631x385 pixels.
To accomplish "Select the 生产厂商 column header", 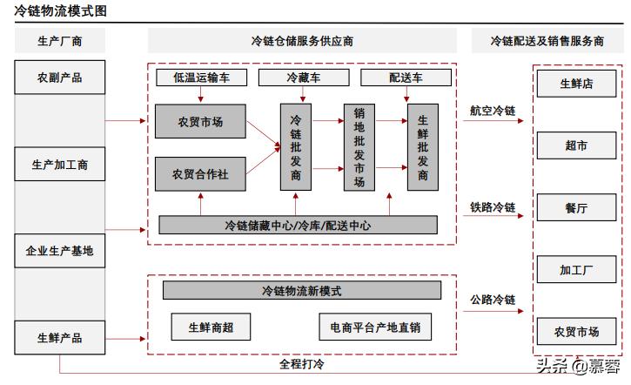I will [59, 41].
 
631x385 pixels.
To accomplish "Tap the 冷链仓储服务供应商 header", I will [302, 41].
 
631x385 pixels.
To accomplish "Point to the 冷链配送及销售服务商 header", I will [547, 41].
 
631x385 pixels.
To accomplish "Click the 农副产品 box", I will [59, 77].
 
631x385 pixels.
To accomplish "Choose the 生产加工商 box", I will [59, 164].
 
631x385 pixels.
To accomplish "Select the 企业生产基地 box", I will [59, 251].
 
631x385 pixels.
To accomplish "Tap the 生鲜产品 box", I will [59, 337].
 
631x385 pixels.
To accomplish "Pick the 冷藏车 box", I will [303, 78].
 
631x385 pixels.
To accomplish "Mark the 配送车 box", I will [406, 78].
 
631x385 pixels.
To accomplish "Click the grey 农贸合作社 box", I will [199, 173].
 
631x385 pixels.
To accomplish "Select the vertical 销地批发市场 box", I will [359, 147].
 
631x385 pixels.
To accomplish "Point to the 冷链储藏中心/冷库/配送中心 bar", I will [297, 225].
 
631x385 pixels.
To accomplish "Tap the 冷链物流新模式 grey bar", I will [301, 290].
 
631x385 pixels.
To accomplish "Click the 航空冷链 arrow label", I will [493, 111].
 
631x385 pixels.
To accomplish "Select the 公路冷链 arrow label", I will [493, 301].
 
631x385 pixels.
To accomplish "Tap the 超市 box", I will [575, 145].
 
